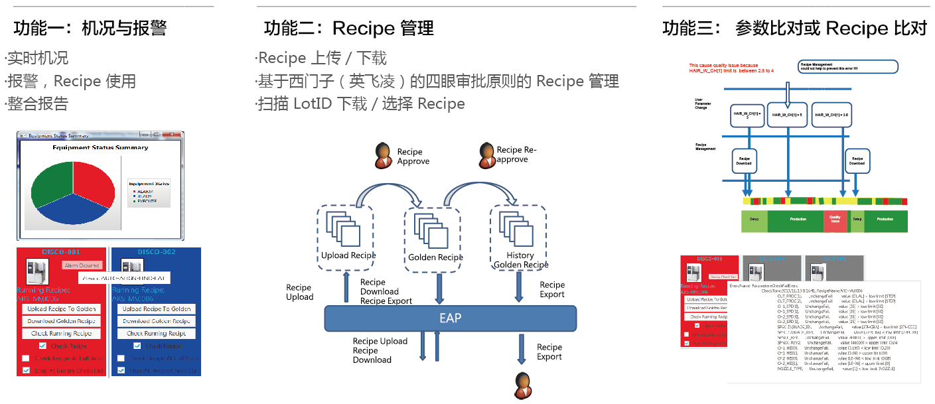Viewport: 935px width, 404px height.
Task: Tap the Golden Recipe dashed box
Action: click(x=436, y=237)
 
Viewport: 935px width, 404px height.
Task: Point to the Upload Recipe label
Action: click(x=348, y=255)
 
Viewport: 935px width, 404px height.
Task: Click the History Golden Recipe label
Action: click(x=521, y=260)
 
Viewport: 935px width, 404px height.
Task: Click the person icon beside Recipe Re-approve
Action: click(x=486, y=155)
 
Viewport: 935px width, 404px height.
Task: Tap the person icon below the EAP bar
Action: click(x=524, y=385)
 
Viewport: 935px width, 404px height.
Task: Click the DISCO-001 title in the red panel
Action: click(x=62, y=252)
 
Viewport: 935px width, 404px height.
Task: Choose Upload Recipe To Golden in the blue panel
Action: click(x=157, y=309)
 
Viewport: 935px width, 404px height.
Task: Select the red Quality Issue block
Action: click(x=835, y=221)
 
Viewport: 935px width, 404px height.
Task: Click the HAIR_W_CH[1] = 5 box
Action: click(x=787, y=114)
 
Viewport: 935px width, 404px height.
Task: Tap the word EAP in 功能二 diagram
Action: click(x=450, y=318)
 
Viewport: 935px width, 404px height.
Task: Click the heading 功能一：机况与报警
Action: click(x=90, y=28)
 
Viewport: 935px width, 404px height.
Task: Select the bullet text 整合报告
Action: click(x=38, y=103)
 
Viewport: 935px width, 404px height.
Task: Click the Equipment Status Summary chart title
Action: click(x=100, y=147)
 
